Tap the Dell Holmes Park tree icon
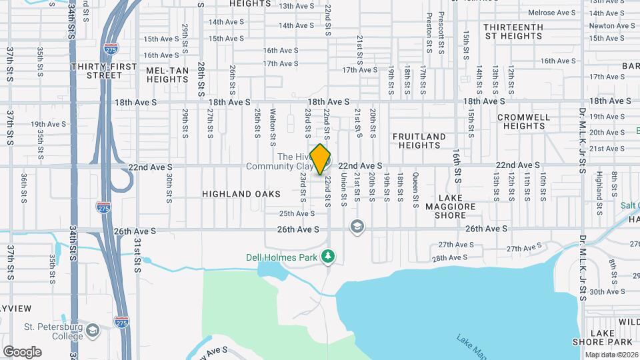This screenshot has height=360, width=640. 327,256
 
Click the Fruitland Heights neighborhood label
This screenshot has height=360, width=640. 419,141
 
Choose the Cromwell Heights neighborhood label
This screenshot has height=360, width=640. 524,121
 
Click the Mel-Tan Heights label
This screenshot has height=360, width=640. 167,75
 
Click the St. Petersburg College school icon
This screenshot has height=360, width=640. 93,330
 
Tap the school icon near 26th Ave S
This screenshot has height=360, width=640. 357,227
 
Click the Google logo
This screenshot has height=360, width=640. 22,352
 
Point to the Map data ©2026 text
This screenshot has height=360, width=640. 612,355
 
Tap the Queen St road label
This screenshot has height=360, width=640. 415,187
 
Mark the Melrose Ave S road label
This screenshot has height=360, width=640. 551,13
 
